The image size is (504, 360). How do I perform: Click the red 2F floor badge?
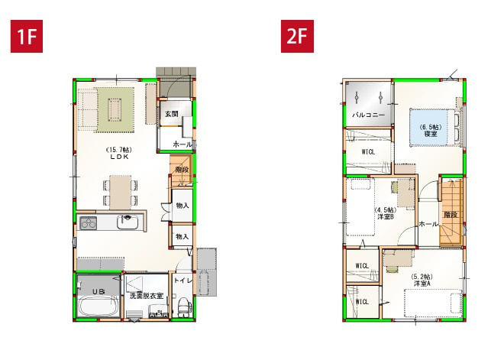click(x=299, y=37)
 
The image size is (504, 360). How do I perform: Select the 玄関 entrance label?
click(x=170, y=114)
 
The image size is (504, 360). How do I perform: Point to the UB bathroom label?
click(x=99, y=291)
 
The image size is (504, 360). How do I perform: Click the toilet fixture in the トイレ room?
click(x=183, y=306)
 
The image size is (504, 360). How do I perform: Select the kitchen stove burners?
click(x=89, y=223)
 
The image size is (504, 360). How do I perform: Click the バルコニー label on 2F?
click(x=367, y=115)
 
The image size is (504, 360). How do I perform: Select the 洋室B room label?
click(x=385, y=216)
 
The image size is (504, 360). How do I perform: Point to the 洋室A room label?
click(x=421, y=283)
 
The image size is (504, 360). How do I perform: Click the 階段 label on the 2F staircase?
click(x=451, y=215)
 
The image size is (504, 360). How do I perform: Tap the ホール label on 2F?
click(x=428, y=225)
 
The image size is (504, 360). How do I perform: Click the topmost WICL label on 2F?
click(x=368, y=151)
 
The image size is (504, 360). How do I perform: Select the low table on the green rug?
click(x=114, y=112)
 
